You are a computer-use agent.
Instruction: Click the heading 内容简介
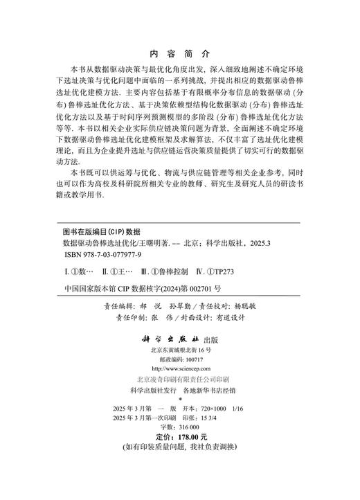click(x=179, y=53)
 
